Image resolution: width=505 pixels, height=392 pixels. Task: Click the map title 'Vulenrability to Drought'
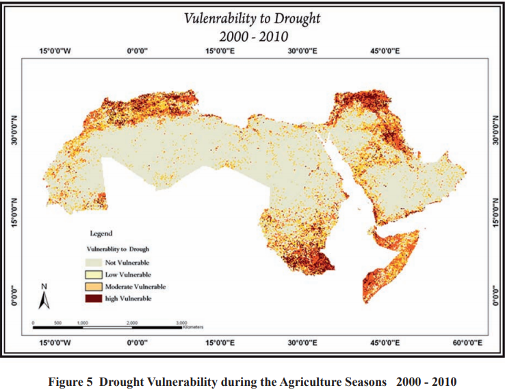tap(252, 17)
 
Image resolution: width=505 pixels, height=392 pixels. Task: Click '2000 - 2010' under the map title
tap(252, 36)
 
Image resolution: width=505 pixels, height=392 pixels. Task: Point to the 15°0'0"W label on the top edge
tap(54, 51)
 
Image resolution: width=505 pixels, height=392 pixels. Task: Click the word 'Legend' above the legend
tap(101, 233)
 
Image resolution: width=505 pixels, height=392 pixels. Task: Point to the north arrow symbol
tap(43, 298)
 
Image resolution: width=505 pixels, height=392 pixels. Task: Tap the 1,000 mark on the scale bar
tap(82, 321)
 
